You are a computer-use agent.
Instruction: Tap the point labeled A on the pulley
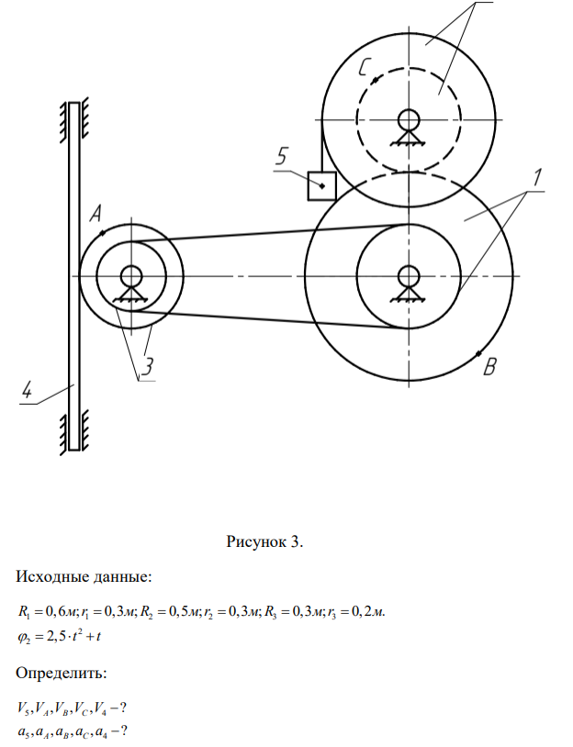(103, 234)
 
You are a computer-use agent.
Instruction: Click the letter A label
(95, 214)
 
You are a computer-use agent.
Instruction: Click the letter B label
(490, 369)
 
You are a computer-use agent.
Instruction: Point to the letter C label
(365, 67)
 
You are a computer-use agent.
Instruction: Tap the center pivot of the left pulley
(130, 274)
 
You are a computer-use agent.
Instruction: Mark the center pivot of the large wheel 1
(408, 274)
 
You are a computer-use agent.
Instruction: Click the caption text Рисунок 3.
(264, 541)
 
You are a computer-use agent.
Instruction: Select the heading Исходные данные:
(84, 577)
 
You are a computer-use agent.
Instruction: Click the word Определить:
(62, 674)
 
